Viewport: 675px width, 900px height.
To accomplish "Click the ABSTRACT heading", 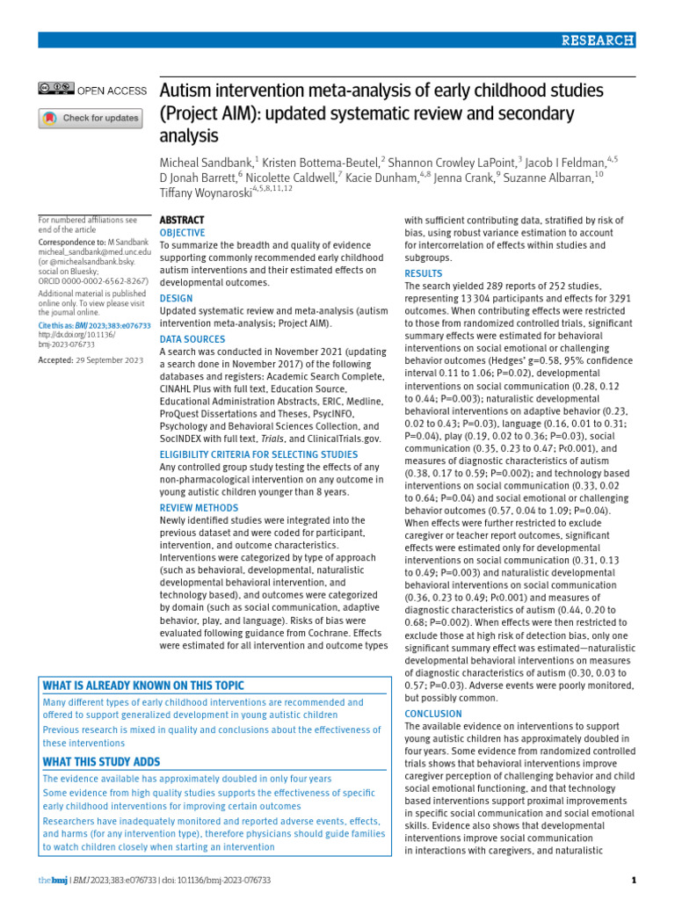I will click(x=182, y=220).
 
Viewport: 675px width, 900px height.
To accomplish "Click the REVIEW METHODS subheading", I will click(x=198, y=508).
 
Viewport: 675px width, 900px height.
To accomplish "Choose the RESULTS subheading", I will click(x=423, y=274).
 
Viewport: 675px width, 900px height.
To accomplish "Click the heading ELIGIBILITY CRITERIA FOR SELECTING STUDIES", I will click(x=258, y=454).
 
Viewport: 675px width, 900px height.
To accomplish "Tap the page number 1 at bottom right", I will click(x=634, y=880).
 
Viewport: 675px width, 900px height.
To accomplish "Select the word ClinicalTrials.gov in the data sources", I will click(x=344, y=438).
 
